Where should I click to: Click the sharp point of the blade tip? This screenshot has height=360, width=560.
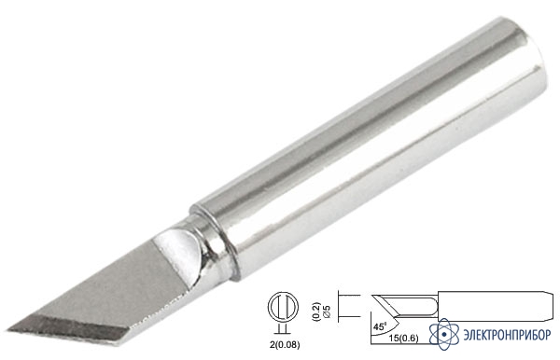coord(8,329)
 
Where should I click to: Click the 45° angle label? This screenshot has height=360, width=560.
coord(379,326)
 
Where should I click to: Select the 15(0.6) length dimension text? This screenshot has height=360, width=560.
coord(403,339)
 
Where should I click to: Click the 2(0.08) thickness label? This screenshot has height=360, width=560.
coord(285,345)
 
